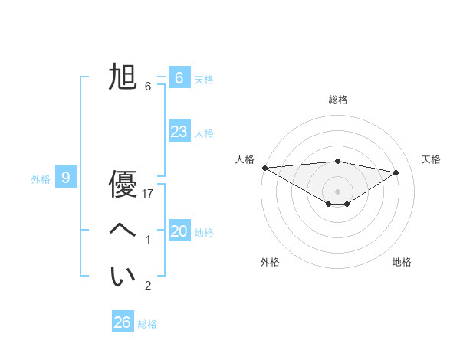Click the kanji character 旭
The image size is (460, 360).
pyautogui.click(x=123, y=78)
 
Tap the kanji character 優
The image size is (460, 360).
pyautogui.click(x=123, y=185)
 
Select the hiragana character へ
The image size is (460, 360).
pyautogui.click(x=123, y=231)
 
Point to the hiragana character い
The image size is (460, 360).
pyautogui.click(x=123, y=277)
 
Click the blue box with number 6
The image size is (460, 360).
pyautogui.click(x=179, y=78)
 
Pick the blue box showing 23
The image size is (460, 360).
pyautogui.click(x=179, y=132)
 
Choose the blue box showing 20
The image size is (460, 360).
pyautogui.click(x=179, y=231)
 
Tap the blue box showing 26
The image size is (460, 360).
pyautogui.click(x=122, y=322)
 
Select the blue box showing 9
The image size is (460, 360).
pyautogui.click(x=66, y=178)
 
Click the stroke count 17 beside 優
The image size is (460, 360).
pyautogui.click(x=149, y=194)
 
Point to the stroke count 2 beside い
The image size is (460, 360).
pyautogui.click(x=148, y=286)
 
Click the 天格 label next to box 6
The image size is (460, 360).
pyautogui.click(x=204, y=80)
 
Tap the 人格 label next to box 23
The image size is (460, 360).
pyautogui.click(x=204, y=133)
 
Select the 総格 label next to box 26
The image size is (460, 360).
pyautogui.click(x=147, y=324)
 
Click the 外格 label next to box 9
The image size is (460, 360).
pyautogui.click(x=41, y=179)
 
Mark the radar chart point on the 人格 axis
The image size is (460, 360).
pyautogui.click(x=264, y=168)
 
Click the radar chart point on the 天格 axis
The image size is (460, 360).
pyautogui.click(x=396, y=172)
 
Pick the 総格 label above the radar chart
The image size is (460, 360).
pyautogui.click(x=337, y=100)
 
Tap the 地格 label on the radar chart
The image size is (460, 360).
pyautogui.click(x=402, y=262)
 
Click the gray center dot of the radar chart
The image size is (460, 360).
pyautogui.click(x=337, y=191)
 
